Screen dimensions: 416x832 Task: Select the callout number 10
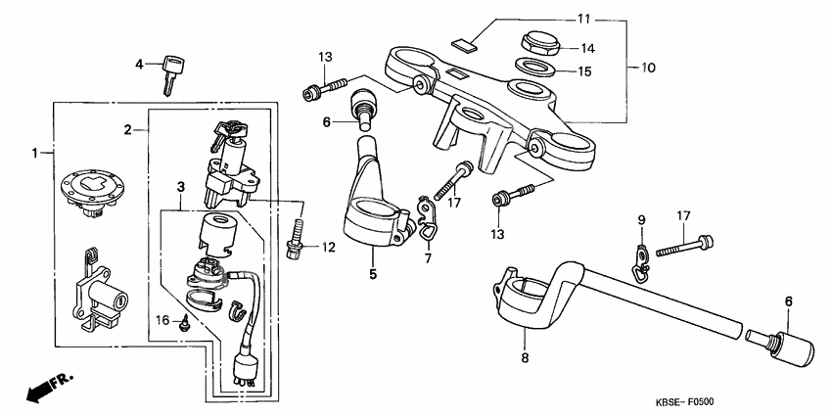coord(649,69)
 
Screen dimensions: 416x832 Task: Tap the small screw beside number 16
coord(184,327)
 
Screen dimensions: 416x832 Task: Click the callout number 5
coord(373,275)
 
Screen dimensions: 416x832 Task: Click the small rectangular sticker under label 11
coord(466,44)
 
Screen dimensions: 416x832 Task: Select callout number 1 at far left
coord(35,153)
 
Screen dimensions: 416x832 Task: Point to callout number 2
coord(128,129)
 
